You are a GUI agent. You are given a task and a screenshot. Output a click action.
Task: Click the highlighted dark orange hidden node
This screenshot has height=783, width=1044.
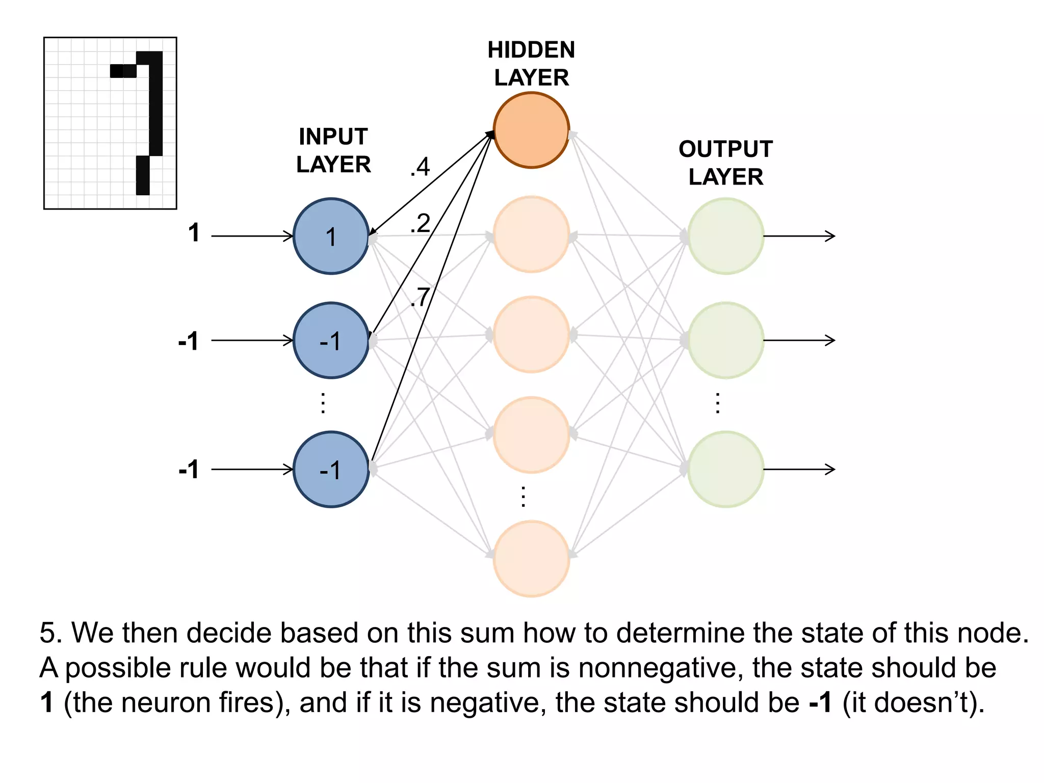pos(531,130)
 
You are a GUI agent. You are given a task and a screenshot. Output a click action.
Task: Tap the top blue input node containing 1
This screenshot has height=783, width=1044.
pos(331,236)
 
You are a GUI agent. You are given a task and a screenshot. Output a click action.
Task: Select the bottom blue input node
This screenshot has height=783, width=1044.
pos(331,469)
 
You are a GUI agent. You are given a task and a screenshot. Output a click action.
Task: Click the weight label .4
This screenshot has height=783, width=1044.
pos(420,167)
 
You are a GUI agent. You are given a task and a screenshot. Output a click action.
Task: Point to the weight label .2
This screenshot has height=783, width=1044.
pos(420,224)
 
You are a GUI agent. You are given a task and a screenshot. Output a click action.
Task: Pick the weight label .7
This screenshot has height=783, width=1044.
pos(420,297)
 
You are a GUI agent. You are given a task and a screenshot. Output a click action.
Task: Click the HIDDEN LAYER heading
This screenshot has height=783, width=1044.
pos(531,64)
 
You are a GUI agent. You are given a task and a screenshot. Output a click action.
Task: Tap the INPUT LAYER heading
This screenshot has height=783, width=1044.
pos(333,150)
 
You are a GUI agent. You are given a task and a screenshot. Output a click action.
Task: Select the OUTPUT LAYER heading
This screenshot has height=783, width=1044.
pos(725,163)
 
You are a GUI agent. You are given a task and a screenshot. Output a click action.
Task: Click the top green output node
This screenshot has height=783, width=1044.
pos(725,236)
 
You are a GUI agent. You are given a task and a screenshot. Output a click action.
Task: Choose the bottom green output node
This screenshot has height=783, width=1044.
pos(725,469)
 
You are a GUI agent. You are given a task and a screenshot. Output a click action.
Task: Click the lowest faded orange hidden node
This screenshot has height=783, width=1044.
pos(531,558)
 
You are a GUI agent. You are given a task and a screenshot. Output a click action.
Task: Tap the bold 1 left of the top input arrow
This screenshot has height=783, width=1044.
pos(194,233)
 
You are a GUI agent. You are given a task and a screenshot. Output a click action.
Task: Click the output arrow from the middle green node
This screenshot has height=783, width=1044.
pos(799,340)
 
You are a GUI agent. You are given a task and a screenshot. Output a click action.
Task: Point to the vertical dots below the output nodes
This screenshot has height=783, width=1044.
pos(718,403)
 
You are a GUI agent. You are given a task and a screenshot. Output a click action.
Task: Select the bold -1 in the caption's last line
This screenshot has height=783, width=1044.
pos(820,702)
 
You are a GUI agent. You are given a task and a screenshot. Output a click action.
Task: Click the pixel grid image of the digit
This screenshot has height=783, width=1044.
pos(110,123)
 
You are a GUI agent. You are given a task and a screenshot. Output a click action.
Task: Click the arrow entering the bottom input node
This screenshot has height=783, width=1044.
pos(252,469)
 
